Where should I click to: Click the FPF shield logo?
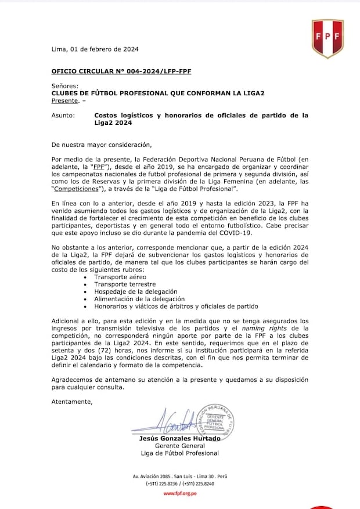pyautogui.click(x=327, y=38)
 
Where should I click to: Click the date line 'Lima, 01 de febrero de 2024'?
pyautogui.click(x=95, y=49)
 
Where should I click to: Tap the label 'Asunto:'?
pyautogui.click(x=63, y=115)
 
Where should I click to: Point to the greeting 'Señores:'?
pyautogui.click(x=64, y=86)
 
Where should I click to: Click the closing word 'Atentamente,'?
pyautogui.click(x=71, y=401)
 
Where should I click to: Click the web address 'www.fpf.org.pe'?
pyautogui.click(x=179, y=493)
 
